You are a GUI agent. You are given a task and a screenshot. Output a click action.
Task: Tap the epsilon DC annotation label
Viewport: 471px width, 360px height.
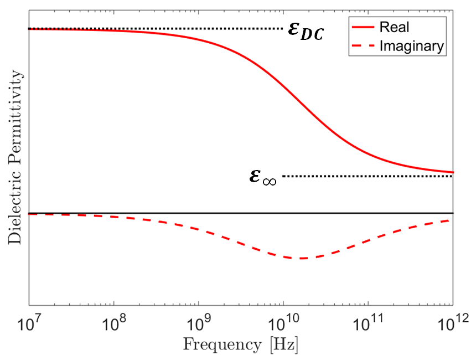pos(304,31)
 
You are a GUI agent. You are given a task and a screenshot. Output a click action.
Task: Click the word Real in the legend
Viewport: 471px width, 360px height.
pos(392,27)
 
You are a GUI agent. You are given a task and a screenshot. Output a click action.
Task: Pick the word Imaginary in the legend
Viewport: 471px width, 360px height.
pos(411,47)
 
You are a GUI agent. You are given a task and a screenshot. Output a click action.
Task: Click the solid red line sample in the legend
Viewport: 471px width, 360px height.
pos(362,27)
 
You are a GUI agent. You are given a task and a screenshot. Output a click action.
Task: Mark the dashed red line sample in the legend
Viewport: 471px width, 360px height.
pos(362,47)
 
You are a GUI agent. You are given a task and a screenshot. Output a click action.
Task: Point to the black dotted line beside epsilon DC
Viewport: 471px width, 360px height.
pos(166,29)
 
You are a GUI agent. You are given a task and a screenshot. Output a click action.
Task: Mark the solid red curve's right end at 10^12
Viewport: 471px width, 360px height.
pos(453,172)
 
